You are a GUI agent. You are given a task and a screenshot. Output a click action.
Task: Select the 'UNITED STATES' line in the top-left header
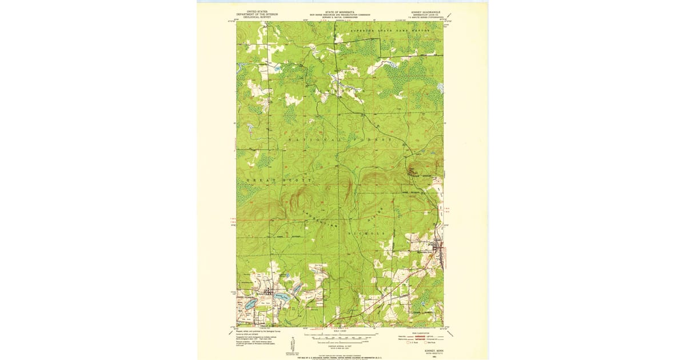click(x=257, y=11)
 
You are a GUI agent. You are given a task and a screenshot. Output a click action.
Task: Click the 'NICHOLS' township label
click(x=366, y=234)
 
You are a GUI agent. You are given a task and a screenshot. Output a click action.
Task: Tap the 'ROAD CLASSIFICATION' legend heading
click(x=420, y=331)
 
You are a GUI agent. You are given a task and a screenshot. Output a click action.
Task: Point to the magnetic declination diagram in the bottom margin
click(x=293, y=345)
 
